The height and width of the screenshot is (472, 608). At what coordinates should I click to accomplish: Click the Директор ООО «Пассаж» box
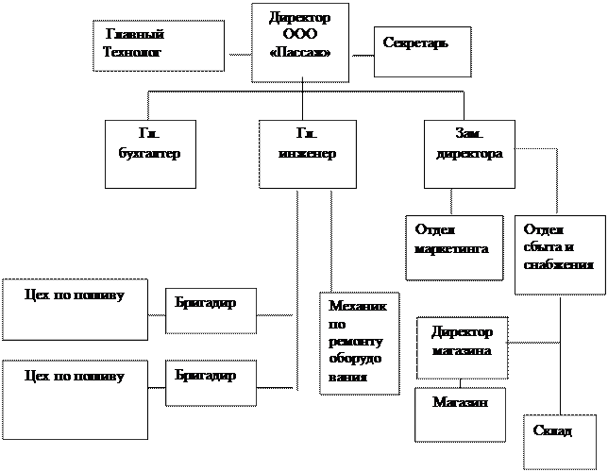300,42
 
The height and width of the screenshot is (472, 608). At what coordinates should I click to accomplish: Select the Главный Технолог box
159,45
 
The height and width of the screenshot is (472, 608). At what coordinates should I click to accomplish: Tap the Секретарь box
423,52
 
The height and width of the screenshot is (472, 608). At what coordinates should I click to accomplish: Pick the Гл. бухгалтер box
150,154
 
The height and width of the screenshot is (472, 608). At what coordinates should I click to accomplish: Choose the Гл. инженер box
308,154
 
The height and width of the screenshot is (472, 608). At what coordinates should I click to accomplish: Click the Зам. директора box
469,154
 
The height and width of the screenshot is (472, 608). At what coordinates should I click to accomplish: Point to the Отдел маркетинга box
454,248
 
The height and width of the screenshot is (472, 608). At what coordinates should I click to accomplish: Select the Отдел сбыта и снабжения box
560,255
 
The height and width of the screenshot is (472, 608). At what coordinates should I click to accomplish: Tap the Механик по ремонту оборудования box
360,344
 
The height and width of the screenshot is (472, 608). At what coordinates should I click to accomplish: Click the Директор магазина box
463,348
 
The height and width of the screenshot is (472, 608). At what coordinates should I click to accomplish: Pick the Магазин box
461,414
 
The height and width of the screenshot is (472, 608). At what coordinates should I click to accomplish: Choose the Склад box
560,442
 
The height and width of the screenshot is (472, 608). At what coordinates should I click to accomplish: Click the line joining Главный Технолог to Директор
240,55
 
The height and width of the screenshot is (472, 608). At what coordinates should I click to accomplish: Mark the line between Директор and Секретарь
363,56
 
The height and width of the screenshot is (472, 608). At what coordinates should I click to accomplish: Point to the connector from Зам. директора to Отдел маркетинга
451,202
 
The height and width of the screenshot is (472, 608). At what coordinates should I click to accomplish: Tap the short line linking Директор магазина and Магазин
461,383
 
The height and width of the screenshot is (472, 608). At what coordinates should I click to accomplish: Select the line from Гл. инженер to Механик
331,241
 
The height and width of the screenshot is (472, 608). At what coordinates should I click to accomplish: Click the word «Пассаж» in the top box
299,52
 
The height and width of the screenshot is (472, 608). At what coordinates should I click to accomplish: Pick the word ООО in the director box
299,34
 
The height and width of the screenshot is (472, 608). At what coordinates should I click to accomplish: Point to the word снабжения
558,265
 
